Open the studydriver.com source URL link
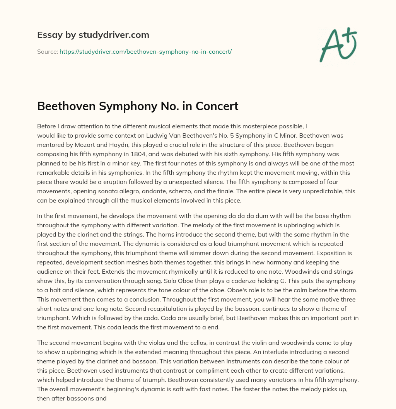(145, 51)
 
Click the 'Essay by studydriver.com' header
(93, 35)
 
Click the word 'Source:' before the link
(47, 51)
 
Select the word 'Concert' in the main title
(219, 106)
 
